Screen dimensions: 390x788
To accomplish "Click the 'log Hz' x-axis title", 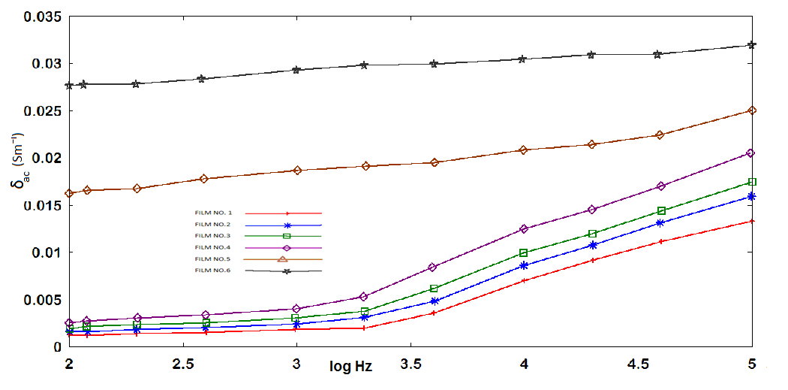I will (x=350, y=367).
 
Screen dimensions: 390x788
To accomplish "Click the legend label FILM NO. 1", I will (x=212, y=213).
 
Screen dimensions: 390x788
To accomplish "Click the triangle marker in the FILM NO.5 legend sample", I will (x=283, y=259).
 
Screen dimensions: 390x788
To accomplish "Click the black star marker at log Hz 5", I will (x=752, y=45).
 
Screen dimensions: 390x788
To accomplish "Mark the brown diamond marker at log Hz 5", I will (x=752, y=110).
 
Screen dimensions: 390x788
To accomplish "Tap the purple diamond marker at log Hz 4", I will (x=524, y=229).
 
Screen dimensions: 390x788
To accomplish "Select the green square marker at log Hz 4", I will (x=524, y=253).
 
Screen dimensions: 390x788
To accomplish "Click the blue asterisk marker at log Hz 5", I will (x=752, y=197).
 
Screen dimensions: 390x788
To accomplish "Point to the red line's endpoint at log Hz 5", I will (x=752, y=221).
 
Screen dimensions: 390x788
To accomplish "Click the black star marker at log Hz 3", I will (x=296, y=70).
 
